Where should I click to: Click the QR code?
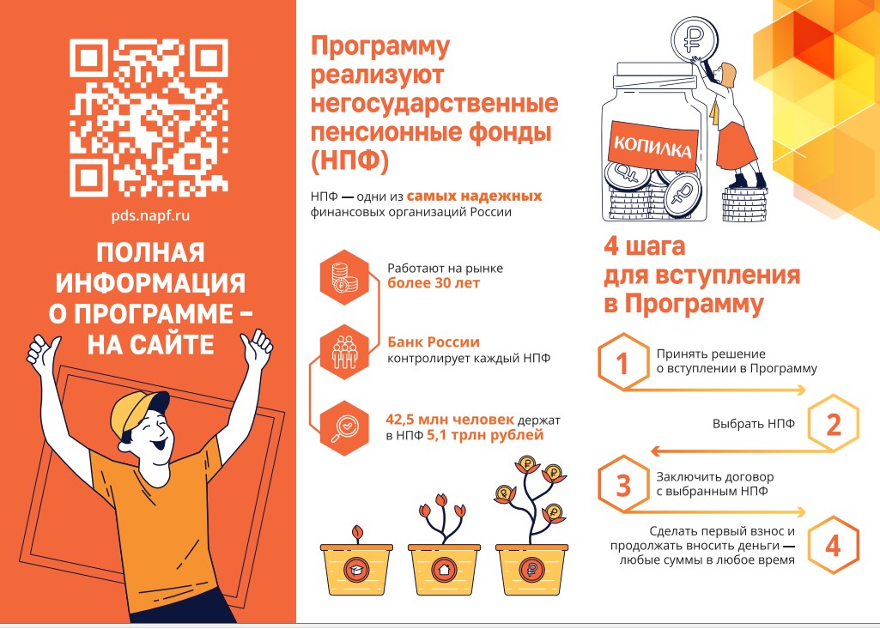pyautogui.click(x=149, y=118)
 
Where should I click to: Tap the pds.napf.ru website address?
pyautogui.click(x=150, y=215)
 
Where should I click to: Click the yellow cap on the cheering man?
pyautogui.click(x=137, y=413)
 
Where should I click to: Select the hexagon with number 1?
pyautogui.click(x=622, y=362)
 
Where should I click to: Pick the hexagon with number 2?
pyautogui.click(x=834, y=423)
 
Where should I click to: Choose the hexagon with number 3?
pyautogui.click(x=622, y=485)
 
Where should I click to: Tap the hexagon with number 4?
pyautogui.click(x=834, y=545)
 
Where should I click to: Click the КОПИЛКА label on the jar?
pyautogui.click(x=652, y=147)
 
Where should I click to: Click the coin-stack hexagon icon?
pyautogui.click(x=344, y=278)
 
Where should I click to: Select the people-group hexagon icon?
pyautogui.click(x=344, y=351)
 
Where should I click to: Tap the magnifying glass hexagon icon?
pyautogui.click(x=344, y=428)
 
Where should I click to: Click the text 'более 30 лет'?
pyautogui.click(x=434, y=283)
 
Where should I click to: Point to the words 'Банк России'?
pyautogui.click(x=434, y=342)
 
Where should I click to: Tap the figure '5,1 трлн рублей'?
pyautogui.click(x=485, y=435)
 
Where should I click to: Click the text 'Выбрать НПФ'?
pyautogui.click(x=754, y=424)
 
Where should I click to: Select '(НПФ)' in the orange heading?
pyautogui.click(x=349, y=161)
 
